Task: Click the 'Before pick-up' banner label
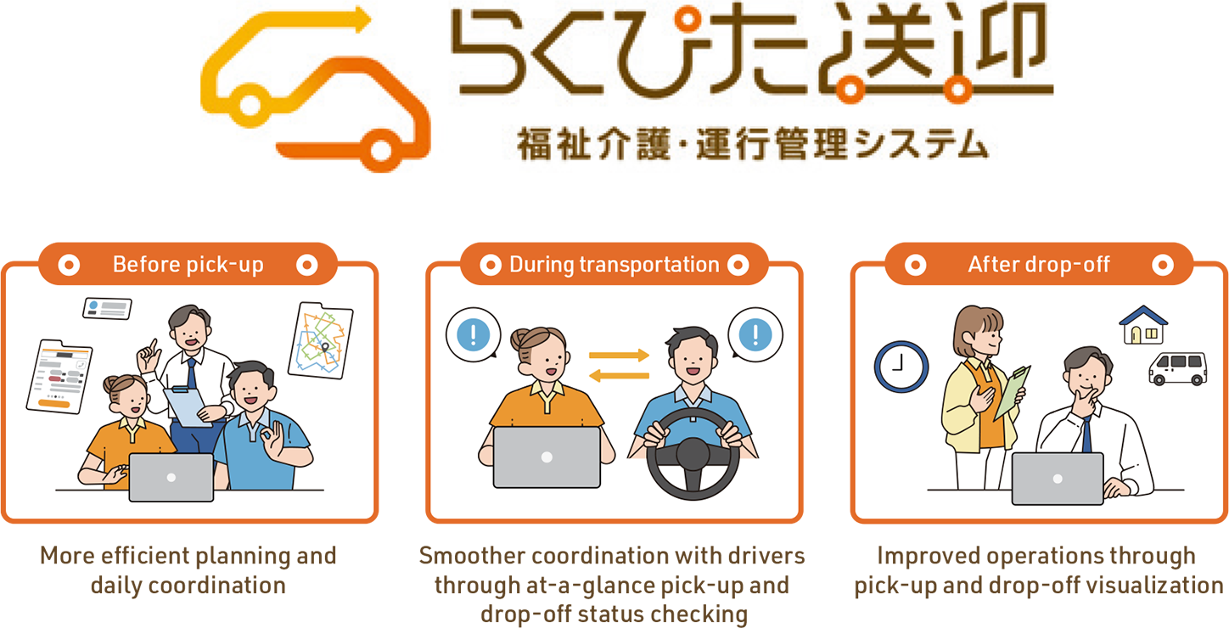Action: pyautogui.click(x=188, y=265)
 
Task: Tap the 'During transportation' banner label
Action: pyautogui.click(x=614, y=265)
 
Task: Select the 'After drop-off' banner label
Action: pyautogui.click(x=1039, y=265)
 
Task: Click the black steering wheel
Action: pyautogui.click(x=693, y=453)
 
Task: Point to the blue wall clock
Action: pyautogui.click(x=901, y=367)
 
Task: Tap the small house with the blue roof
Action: pyautogui.click(x=1143, y=325)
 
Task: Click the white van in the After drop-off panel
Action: pyautogui.click(x=1178, y=368)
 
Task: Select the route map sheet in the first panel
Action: pyautogui.click(x=321, y=340)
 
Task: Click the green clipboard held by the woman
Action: pyautogui.click(x=1013, y=393)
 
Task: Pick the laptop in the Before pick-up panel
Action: pyautogui.click(x=171, y=477)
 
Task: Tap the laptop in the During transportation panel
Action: pyautogui.click(x=547, y=457)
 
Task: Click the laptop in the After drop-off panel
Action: pyautogui.click(x=1058, y=479)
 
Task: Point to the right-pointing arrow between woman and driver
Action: pyautogui.click(x=619, y=355)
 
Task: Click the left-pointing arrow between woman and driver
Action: pyautogui.click(x=619, y=376)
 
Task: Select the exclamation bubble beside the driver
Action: pyautogui.click(x=755, y=334)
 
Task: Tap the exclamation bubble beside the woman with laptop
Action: pyautogui.click(x=473, y=334)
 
